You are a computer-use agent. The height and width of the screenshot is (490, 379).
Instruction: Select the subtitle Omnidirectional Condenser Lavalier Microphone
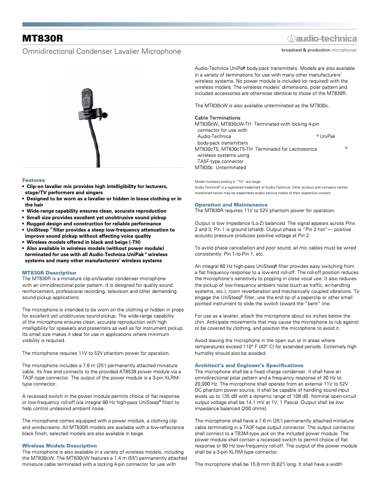pos(102,51)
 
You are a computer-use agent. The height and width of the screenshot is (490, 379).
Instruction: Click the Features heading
pos(34,180)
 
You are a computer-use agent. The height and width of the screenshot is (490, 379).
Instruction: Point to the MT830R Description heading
pos(49,273)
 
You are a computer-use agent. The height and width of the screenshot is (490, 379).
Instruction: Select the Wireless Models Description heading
pos(60,446)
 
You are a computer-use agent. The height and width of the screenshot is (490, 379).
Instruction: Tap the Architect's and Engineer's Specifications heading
pos(249,365)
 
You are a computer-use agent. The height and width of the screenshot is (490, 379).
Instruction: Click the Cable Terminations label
pos(217,118)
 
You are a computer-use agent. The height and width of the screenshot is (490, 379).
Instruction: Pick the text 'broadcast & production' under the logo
pos(305,50)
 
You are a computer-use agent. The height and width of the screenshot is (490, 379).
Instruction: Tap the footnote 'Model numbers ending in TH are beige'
pos(228,181)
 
